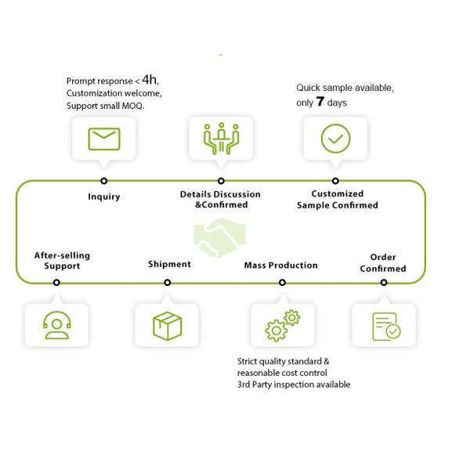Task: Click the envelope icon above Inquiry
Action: pyautogui.click(x=104, y=139)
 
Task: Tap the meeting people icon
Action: pyautogui.click(x=221, y=138)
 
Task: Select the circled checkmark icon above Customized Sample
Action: pyautogui.click(x=335, y=139)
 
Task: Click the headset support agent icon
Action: pyautogui.click(x=57, y=325)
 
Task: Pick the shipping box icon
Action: pyautogui.click(x=168, y=326)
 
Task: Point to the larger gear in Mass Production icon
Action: pyautogui.click(x=276, y=331)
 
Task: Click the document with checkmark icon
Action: pyautogui.click(x=386, y=327)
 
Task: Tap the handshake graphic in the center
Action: pyautogui.click(x=219, y=237)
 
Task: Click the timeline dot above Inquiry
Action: pyautogui.click(x=103, y=181)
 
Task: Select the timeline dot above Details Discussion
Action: pyautogui.click(x=221, y=181)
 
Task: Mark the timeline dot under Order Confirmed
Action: pyautogui.click(x=384, y=282)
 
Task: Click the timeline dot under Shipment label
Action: pyautogui.click(x=168, y=282)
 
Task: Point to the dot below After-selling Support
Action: pyautogui.click(x=56, y=282)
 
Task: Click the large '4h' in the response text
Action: pyautogui.click(x=150, y=79)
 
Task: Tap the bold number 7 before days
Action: pyautogui.click(x=320, y=101)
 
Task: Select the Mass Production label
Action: pyautogui.click(x=281, y=266)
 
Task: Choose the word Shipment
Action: pyautogui.click(x=169, y=264)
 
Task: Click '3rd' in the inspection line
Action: pyautogui.click(x=244, y=385)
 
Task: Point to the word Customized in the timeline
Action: pyautogui.click(x=337, y=193)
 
